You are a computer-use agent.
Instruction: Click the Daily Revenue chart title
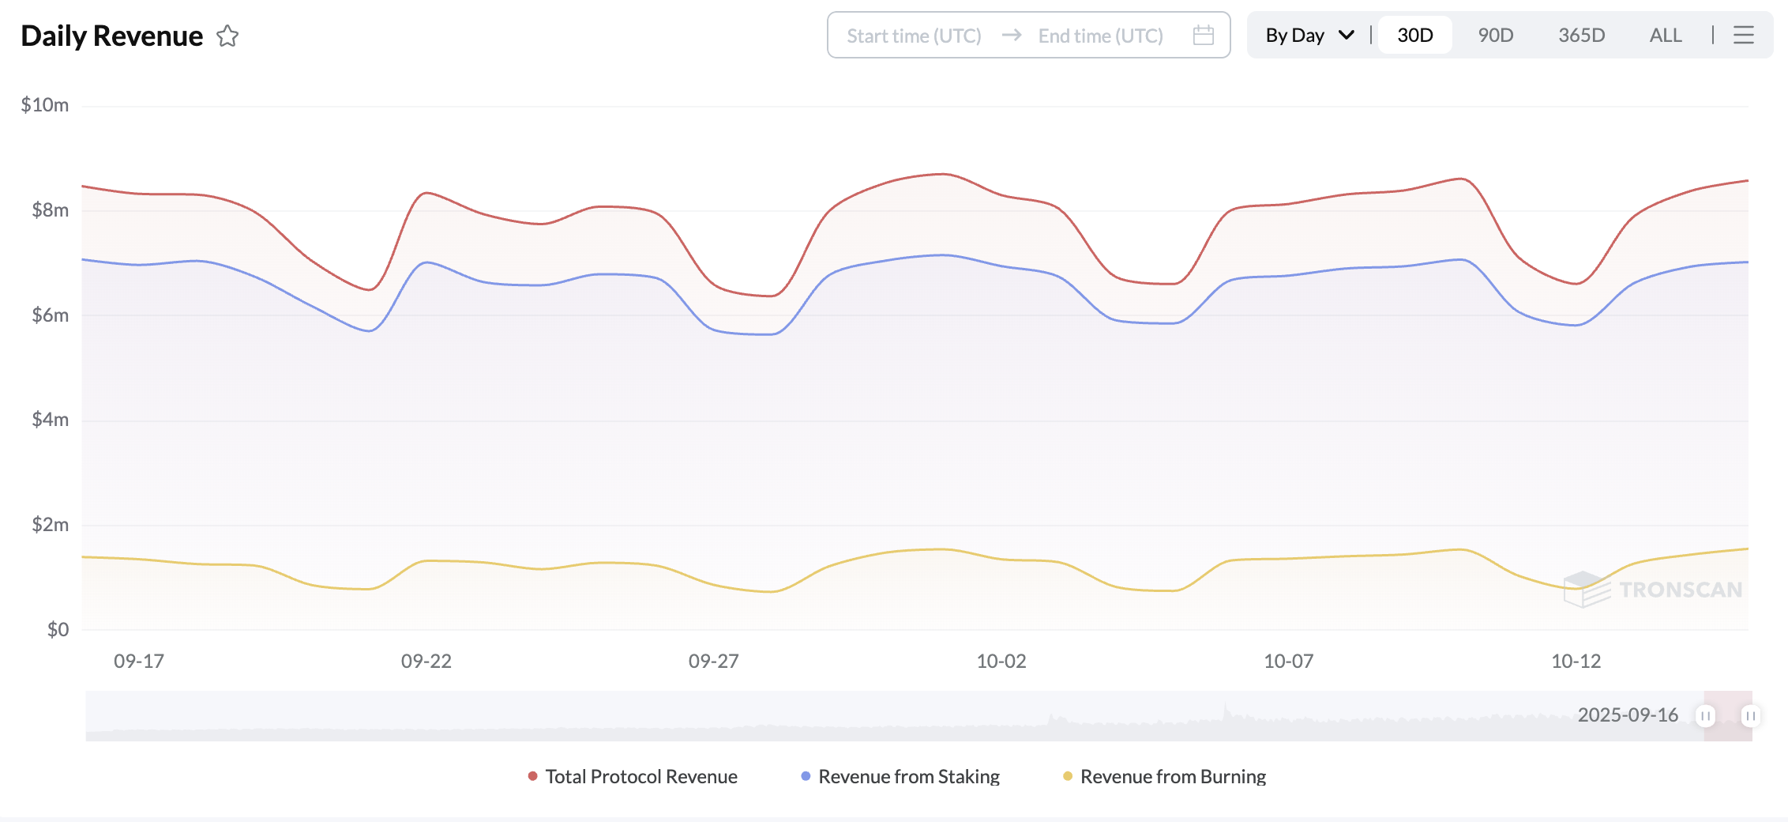coord(111,36)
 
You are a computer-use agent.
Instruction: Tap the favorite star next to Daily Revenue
coord(227,36)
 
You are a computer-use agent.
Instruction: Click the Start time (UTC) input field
coord(914,36)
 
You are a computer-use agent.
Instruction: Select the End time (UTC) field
coord(1100,36)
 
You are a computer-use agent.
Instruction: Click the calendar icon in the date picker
coord(1203,36)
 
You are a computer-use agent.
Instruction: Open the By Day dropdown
coord(1309,36)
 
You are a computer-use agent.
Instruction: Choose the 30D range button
coord(1414,36)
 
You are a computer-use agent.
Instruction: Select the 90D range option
coord(1495,36)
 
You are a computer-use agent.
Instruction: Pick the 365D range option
coord(1581,36)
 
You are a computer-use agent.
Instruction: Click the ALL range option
coord(1666,36)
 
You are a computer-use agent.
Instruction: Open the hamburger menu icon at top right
coord(1744,36)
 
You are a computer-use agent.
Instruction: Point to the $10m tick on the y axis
coord(45,105)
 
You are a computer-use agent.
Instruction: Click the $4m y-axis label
coord(50,420)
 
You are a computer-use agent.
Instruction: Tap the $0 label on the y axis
coord(58,630)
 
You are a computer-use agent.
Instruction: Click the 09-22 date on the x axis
coord(426,662)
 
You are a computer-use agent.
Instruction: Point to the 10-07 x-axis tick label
coord(1288,662)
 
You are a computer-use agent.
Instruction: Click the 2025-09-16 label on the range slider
coord(1628,715)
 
